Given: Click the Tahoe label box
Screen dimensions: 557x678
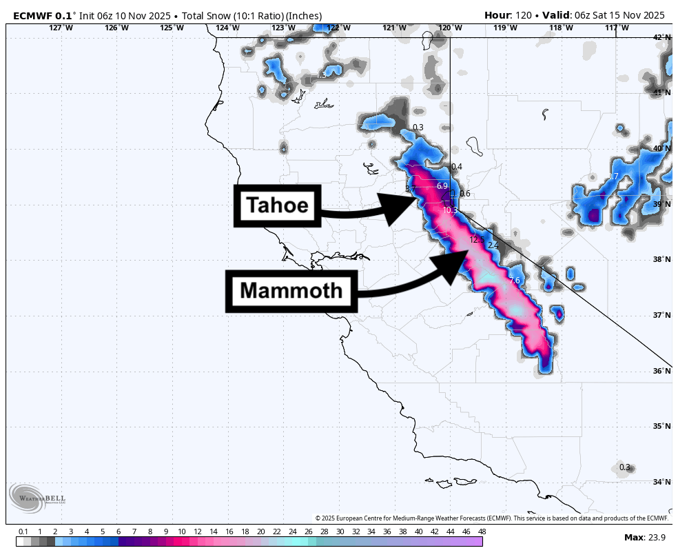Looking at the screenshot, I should pyautogui.click(x=278, y=205).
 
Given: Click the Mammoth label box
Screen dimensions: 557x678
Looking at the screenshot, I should pyautogui.click(x=291, y=290).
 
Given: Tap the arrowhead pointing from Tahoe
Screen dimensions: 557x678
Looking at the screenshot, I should pyautogui.click(x=400, y=207).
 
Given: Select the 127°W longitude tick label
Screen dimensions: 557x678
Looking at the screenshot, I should pyautogui.click(x=61, y=28).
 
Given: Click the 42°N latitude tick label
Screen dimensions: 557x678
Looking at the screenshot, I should pyautogui.click(x=662, y=37).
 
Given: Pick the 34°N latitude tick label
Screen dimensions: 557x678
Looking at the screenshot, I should pyautogui.click(x=662, y=482).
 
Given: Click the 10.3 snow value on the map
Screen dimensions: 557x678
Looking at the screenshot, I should pyautogui.click(x=450, y=210).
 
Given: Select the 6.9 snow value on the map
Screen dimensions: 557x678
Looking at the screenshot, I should pyautogui.click(x=442, y=186).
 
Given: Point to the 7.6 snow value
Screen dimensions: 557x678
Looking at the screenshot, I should pyautogui.click(x=514, y=281).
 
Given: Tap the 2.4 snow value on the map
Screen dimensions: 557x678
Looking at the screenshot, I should pyautogui.click(x=493, y=245).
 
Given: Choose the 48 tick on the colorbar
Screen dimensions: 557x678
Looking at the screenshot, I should pyautogui.click(x=482, y=531).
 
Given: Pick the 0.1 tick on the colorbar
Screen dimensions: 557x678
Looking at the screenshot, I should pyautogui.click(x=23, y=531).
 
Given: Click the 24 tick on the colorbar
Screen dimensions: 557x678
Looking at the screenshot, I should pyautogui.click(x=292, y=531).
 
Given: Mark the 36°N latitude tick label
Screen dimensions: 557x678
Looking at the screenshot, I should pyautogui.click(x=662, y=371).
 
